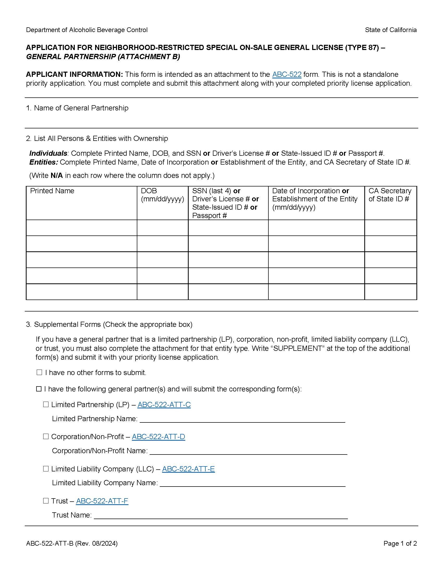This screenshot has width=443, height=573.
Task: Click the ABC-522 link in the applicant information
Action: click(287, 74)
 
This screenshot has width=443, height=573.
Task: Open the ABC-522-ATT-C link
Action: click(164, 404)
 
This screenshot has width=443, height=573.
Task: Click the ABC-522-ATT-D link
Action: click(158, 437)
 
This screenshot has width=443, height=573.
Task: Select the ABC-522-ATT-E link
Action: click(188, 469)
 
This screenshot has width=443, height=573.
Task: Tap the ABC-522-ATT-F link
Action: click(102, 501)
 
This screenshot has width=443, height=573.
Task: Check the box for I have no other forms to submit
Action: click(39, 372)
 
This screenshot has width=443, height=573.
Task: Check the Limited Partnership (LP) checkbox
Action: click(46, 404)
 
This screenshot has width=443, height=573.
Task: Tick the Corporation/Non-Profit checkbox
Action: click(46, 437)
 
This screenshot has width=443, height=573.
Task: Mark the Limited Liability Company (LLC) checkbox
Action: click(46, 469)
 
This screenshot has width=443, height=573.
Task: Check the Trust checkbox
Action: click(46, 501)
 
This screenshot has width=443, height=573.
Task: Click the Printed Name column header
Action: click(52, 191)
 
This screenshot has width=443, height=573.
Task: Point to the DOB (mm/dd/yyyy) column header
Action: click(162, 195)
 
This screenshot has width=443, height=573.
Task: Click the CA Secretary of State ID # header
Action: click(390, 195)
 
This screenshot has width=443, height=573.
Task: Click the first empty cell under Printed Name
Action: click(81, 228)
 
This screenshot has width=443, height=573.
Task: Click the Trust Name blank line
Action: click(220, 515)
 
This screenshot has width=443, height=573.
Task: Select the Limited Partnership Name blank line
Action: click(242, 419)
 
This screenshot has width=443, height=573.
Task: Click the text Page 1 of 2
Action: click(400, 543)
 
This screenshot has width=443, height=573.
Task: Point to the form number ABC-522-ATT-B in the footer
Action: click(50, 543)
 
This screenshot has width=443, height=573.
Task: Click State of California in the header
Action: click(391, 30)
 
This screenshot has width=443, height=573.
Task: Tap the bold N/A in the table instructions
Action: click(57, 176)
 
